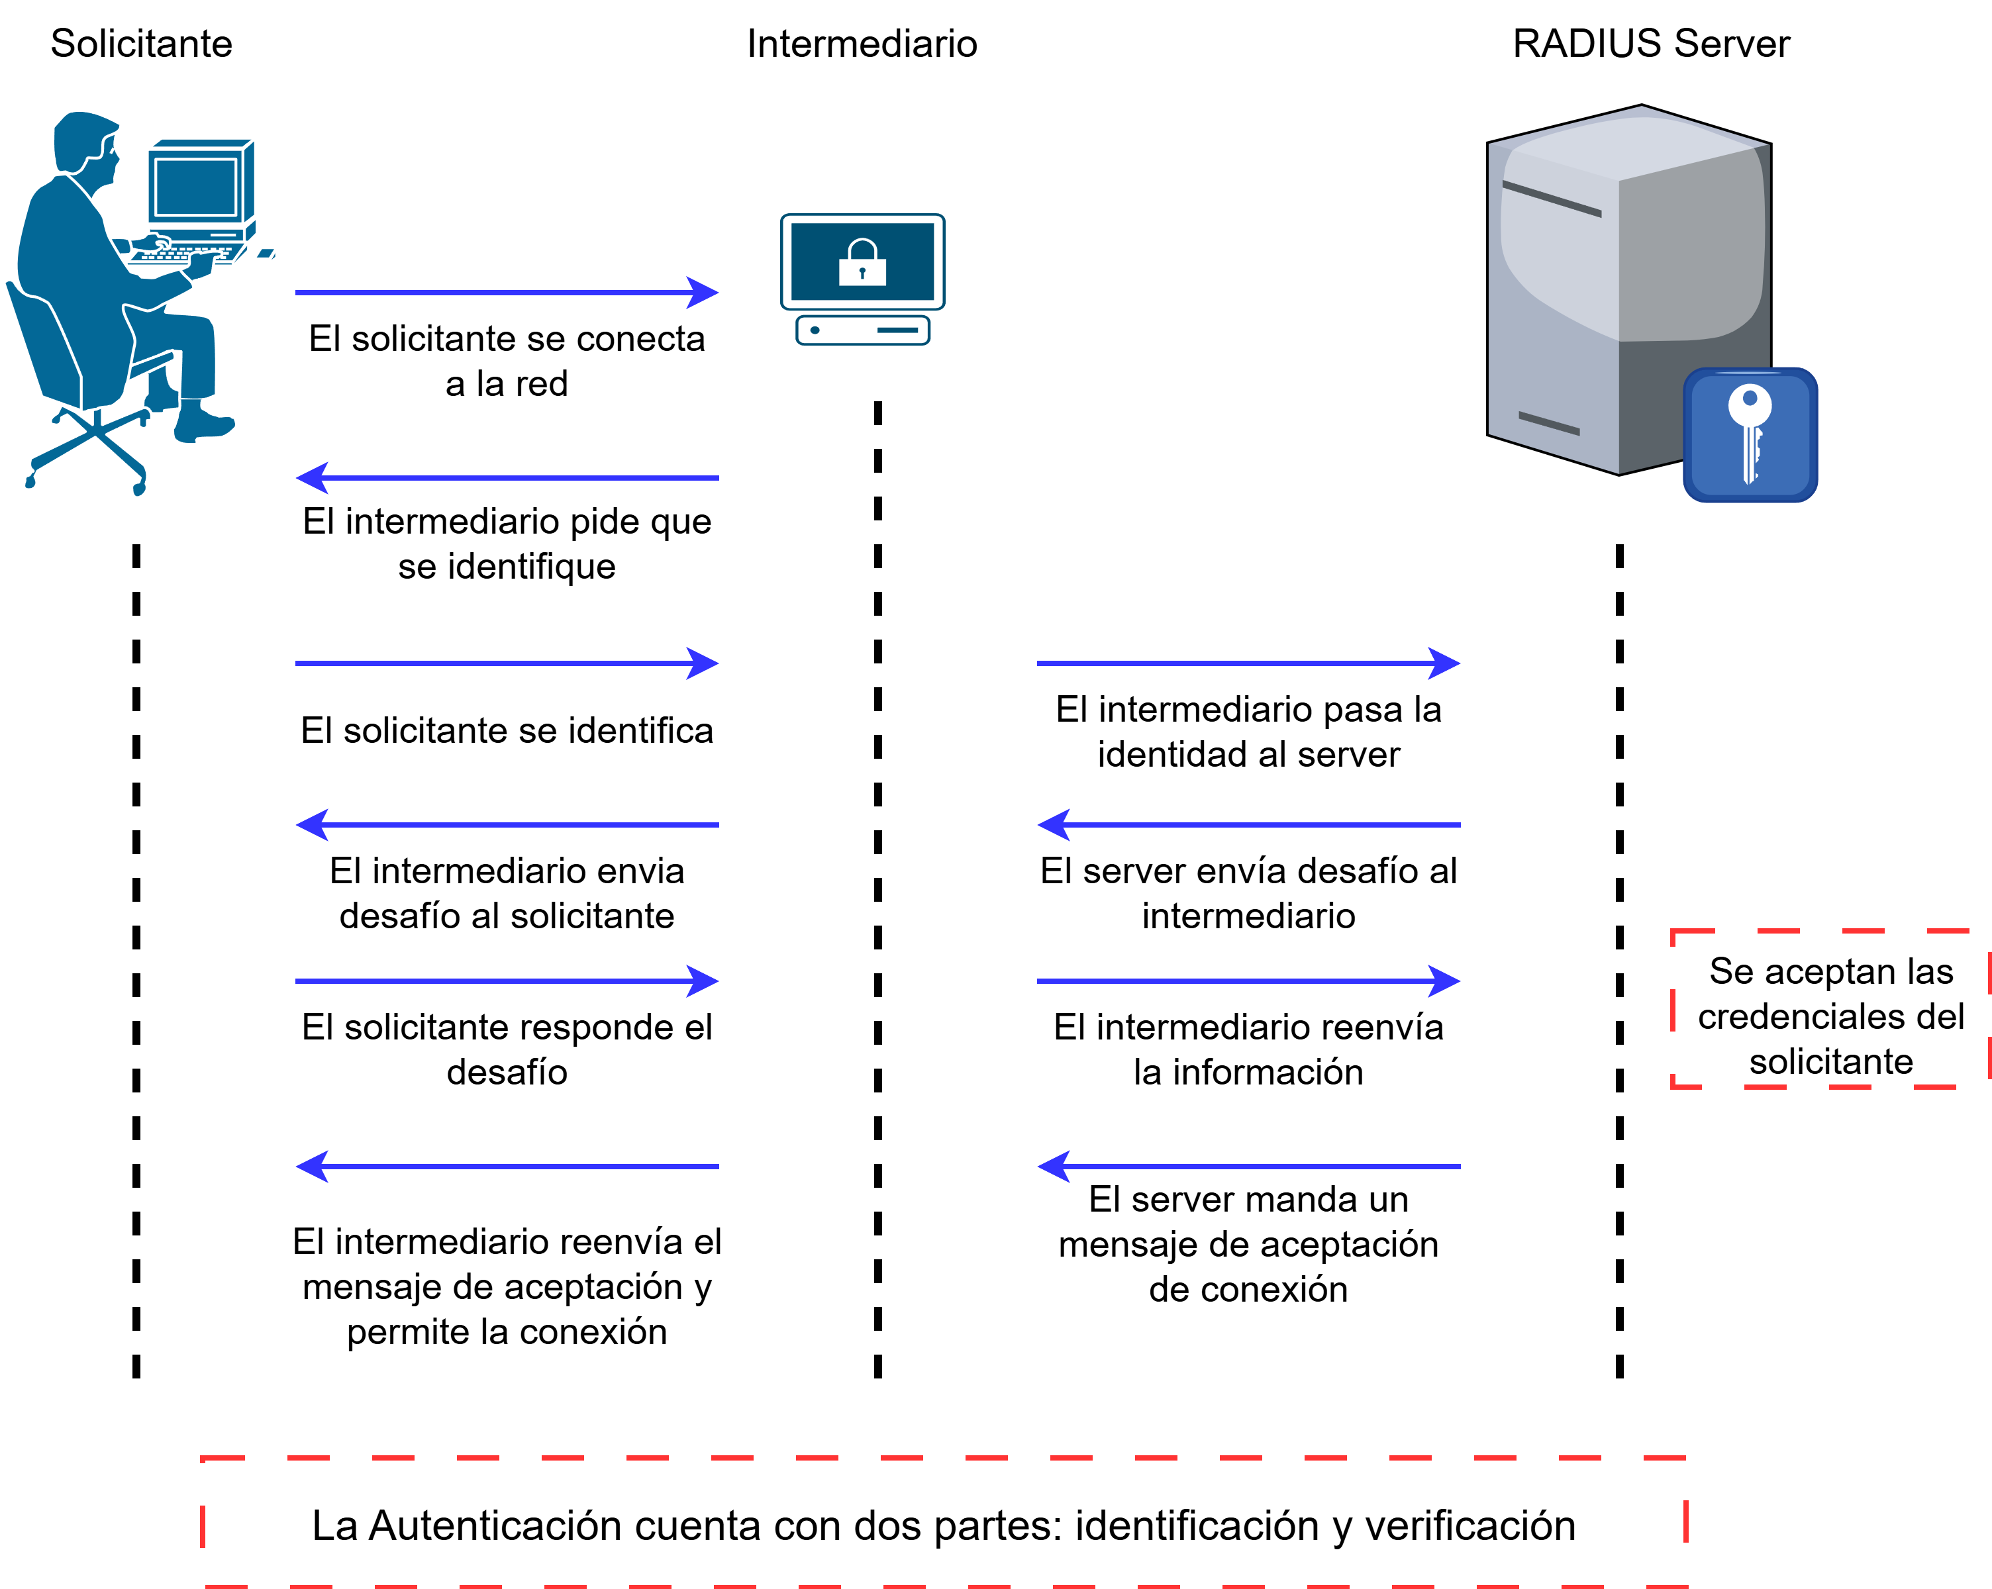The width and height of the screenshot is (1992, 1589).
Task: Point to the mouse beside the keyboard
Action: tap(265, 254)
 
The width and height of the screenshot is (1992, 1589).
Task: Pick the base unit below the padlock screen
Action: tap(862, 330)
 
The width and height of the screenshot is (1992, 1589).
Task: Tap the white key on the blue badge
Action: tap(1749, 430)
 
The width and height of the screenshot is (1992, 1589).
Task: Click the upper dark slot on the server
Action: tap(1552, 199)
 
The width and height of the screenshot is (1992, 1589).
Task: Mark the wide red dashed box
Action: tap(943, 1521)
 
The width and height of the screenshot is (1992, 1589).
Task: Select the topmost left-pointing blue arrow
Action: tap(507, 477)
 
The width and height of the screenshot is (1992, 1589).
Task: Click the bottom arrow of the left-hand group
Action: tap(507, 1167)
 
